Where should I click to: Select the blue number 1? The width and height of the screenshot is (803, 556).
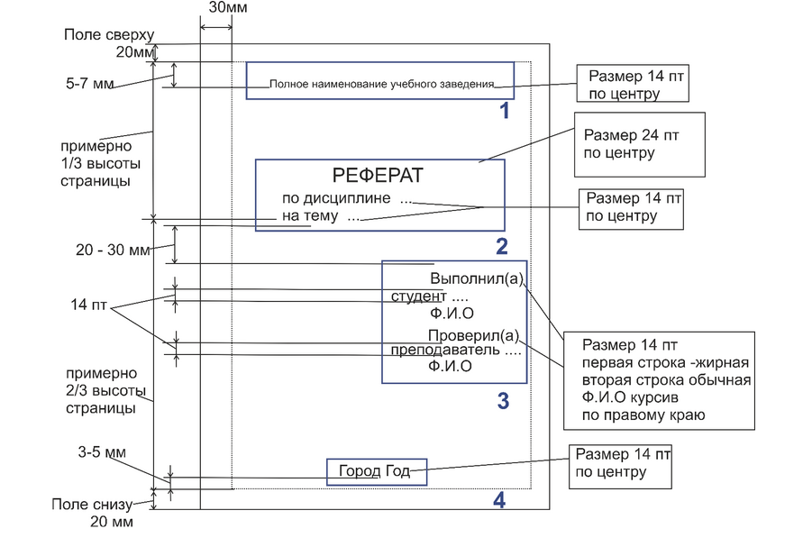[x=505, y=112]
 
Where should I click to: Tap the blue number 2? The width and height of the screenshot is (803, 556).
[x=502, y=246]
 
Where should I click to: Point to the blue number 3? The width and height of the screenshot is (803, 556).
[x=503, y=401]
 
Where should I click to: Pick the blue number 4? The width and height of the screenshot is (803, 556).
[x=498, y=499]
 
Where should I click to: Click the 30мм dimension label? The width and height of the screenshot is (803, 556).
[x=229, y=8]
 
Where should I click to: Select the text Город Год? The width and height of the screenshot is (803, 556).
[x=374, y=470]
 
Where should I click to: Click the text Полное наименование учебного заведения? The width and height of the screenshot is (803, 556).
[x=382, y=85]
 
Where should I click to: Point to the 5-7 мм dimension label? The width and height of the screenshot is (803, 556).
[x=92, y=83]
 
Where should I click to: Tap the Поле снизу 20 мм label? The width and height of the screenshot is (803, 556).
[x=94, y=513]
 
